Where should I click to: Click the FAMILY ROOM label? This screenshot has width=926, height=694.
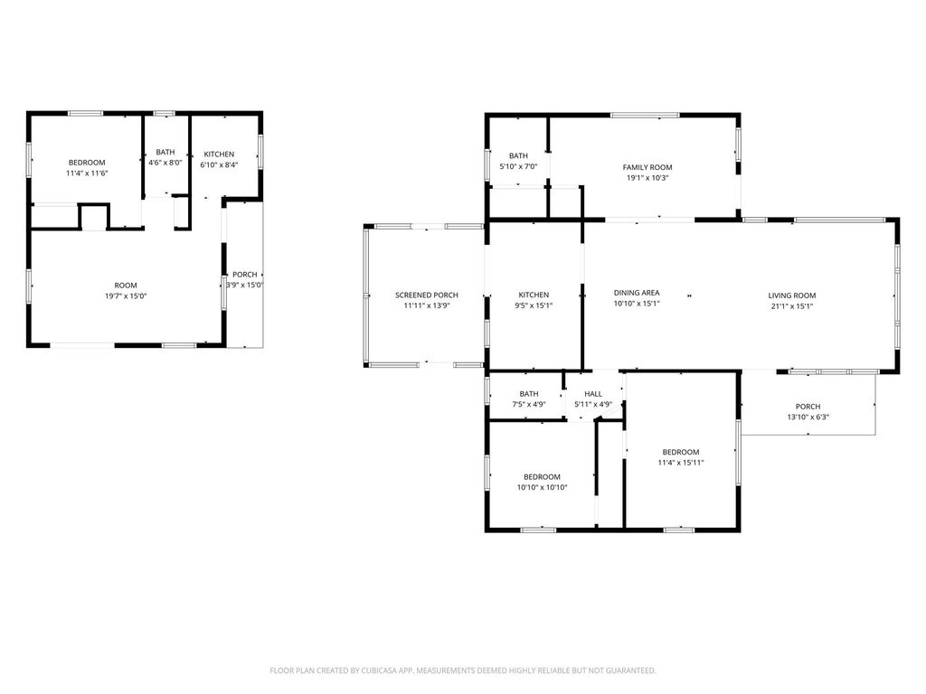pos(647,167)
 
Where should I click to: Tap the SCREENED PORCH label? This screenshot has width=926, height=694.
pos(426,295)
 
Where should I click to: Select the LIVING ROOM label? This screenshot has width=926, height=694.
pos(792,295)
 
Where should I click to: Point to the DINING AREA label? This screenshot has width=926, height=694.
pos(637,293)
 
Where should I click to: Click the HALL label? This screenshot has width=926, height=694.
pos(593,394)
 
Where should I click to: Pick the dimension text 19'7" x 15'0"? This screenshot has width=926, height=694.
pos(125,295)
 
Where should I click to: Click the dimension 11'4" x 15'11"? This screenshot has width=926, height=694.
pos(680,463)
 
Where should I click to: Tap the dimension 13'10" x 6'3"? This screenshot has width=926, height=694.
pos(808,417)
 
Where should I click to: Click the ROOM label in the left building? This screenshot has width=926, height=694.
pos(125,286)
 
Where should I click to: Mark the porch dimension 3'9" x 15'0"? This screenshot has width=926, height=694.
pos(244,286)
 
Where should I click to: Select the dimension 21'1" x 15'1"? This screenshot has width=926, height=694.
pos(792,305)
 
